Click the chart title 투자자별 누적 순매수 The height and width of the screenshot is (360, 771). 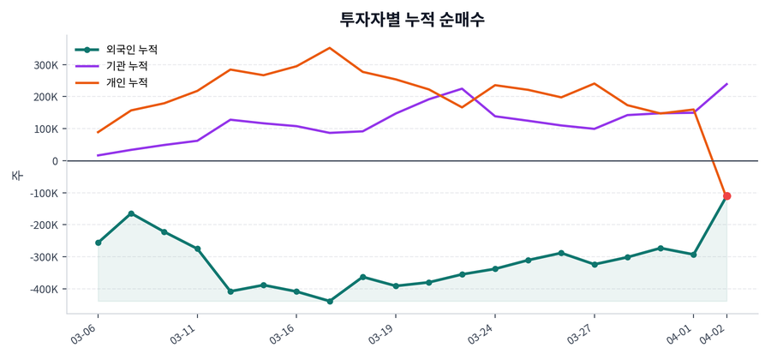click(413, 19)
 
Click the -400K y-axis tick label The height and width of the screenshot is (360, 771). click(42, 290)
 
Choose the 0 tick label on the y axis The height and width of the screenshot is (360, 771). click(55, 161)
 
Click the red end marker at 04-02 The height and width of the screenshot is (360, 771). click(727, 196)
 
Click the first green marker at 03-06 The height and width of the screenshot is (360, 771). click(99, 243)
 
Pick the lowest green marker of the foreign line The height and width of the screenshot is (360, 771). click(330, 301)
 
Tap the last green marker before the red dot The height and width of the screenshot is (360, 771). click(694, 255)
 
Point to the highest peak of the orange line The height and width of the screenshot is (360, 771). click(330, 48)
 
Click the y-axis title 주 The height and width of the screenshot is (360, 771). click(16, 175)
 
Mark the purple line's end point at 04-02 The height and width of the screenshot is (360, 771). click(727, 84)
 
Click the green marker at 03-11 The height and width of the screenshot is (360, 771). click(198, 249)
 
